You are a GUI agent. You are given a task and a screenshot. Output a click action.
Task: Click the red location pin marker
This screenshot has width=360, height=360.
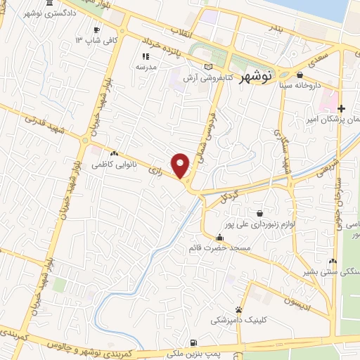pos(181,165)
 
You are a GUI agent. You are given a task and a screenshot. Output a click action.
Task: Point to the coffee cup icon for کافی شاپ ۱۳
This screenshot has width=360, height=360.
pos(97,30)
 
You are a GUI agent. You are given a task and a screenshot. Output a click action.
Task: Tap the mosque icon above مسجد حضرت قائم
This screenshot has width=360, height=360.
pos(219,237)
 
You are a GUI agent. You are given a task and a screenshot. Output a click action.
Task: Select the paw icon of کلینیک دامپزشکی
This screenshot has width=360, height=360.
pos(239,309)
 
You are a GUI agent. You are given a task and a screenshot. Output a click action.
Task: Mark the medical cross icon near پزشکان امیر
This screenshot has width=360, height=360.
pos(341,108)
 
